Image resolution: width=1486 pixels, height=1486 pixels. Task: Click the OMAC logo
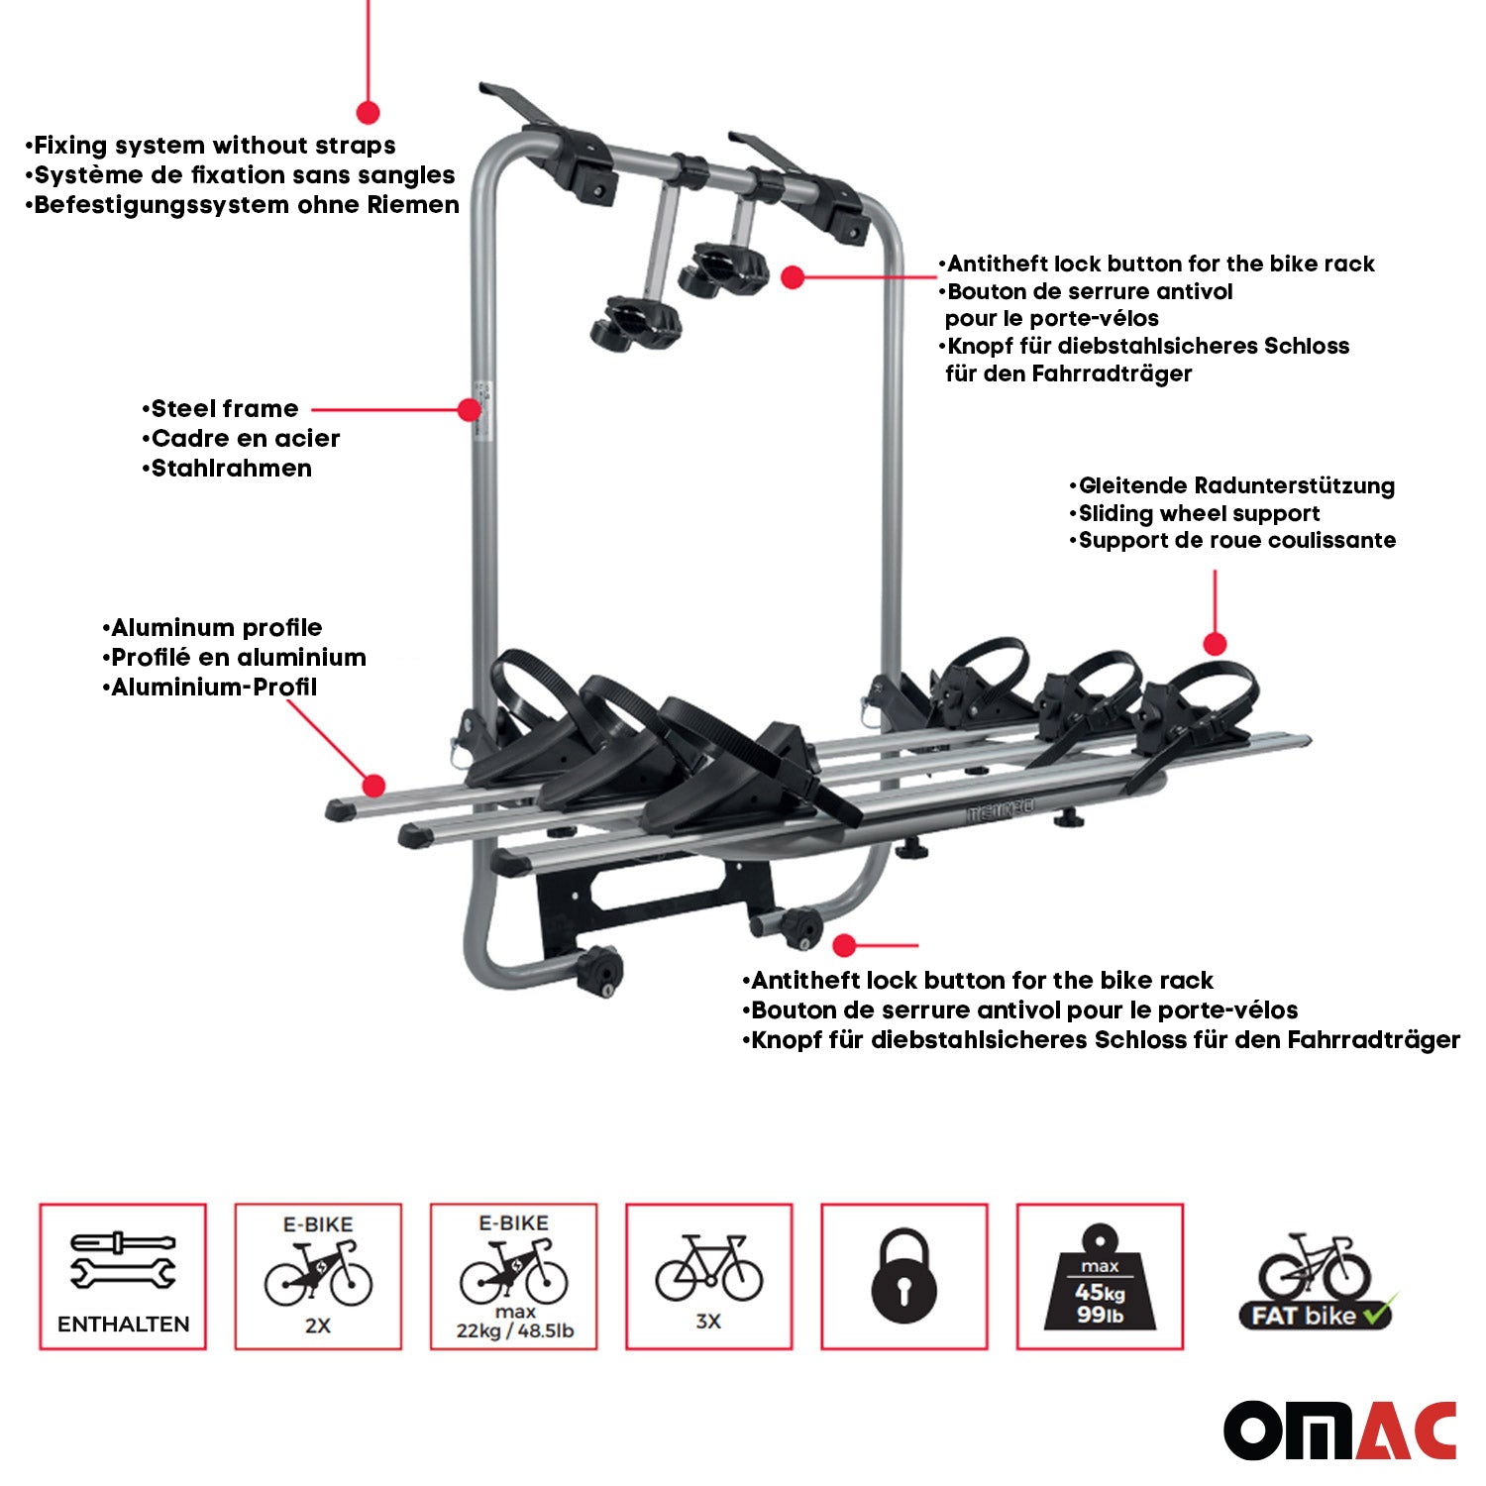(x=1339, y=1430)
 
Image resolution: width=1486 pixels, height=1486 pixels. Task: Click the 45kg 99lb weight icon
(x=1100, y=1278)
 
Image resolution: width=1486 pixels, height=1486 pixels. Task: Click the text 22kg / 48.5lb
(x=514, y=1330)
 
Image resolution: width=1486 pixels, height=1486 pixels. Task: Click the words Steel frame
(x=224, y=409)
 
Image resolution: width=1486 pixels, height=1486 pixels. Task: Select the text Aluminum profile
(x=216, y=627)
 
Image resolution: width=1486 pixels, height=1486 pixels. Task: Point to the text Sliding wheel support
(x=1199, y=513)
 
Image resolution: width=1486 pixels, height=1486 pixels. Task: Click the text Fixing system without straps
(x=214, y=146)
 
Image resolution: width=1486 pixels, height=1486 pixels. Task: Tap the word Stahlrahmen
(x=231, y=469)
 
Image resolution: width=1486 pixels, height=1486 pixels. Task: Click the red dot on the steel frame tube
(x=470, y=409)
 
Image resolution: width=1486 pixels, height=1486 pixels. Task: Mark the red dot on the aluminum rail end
(x=373, y=787)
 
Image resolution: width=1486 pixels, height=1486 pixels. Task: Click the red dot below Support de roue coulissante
(x=1215, y=644)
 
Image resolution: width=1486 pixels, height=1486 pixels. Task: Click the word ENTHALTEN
(x=123, y=1325)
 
